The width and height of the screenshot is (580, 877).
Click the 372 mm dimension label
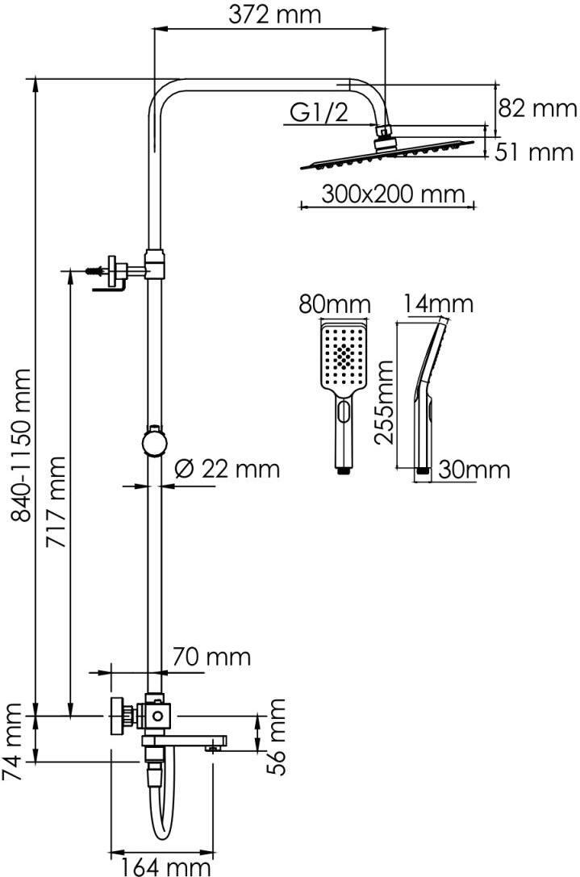pyautogui.click(x=274, y=14)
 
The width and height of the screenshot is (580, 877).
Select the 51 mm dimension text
pyautogui.click(x=534, y=152)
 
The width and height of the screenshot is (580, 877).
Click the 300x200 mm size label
pyautogui.click(x=393, y=194)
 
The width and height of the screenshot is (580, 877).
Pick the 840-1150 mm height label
pyautogui.click(x=23, y=445)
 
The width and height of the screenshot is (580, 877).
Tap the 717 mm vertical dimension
pyautogui.click(x=56, y=503)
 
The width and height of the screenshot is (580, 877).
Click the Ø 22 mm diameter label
pyautogui.click(x=227, y=468)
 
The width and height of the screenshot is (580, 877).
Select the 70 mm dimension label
pyautogui.click(x=211, y=656)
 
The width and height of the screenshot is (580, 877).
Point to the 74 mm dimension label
pyautogui.click(x=11, y=742)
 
